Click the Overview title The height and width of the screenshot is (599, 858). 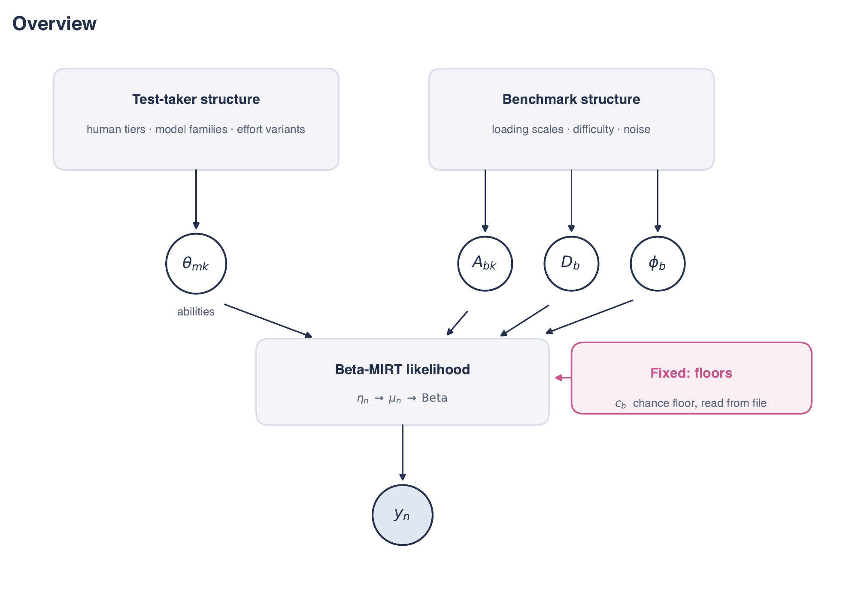tap(55, 24)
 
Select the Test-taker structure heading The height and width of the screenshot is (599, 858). tap(196, 99)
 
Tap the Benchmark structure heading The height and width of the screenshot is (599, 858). tap(571, 99)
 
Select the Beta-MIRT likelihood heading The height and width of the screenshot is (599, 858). tap(403, 369)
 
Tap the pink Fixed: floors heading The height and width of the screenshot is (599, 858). tap(691, 373)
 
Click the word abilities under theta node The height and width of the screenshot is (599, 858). tap(196, 312)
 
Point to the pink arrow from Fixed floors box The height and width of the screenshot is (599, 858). tap(563, 378)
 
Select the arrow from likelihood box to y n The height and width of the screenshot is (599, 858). tap(403, 453)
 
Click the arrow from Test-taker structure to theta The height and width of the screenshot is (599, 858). tap(196, 200)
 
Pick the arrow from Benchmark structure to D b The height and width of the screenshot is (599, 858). tap(571, 201)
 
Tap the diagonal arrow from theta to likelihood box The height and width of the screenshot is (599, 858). tap(268, 321)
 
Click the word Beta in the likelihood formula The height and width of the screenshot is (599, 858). tap(434, 398)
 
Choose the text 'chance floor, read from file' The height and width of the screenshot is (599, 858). tap(700, 403)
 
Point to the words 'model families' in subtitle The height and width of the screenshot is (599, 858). tap(191, 129)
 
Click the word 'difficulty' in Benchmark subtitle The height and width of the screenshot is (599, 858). tap(594, 129)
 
